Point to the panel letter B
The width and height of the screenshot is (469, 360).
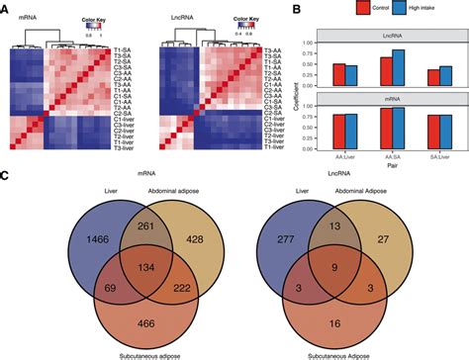pyautogui.click(x=299, y=9)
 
